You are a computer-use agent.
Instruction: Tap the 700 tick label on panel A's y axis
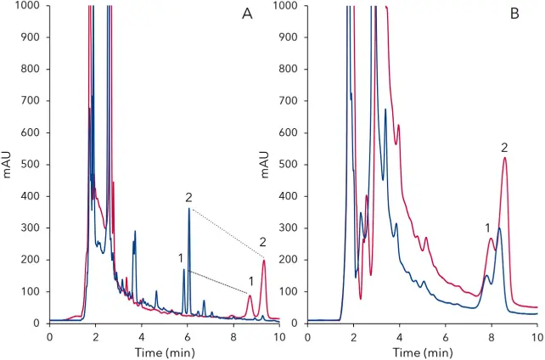(31, 101)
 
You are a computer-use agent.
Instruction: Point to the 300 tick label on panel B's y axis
(289, 228)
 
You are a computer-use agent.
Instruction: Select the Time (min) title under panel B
(422, 351)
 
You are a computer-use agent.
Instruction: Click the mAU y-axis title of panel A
(8, 165)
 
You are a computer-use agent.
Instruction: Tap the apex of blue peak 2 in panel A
(189, 209)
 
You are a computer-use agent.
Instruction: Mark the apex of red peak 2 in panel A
(263, 261)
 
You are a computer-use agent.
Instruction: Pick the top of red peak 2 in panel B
(505, 158)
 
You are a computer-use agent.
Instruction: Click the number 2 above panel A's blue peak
(188, 197)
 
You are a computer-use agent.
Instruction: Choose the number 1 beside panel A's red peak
(250, 281)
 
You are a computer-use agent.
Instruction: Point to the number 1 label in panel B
(487, 228)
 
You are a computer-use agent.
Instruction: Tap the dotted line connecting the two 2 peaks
(227, 233)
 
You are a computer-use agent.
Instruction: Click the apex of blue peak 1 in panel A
(183, 270)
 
